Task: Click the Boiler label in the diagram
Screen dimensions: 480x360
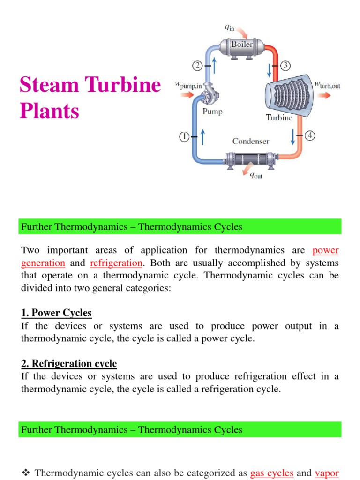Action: click(x=242, y=45)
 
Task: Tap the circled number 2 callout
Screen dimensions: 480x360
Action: click(x=197, y=66)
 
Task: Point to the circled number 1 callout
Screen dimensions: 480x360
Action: click(x=184, y=137)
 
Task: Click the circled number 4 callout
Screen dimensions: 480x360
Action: click(x=310, y=136)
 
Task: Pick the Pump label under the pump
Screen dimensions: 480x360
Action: click(x=212, y=112)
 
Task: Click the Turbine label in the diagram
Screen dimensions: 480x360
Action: click(x=279, y=118)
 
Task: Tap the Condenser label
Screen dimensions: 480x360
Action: click(x=251, y=141)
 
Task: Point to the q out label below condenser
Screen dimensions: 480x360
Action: click(x=256, y=176)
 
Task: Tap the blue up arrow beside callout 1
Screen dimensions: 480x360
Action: click(x=203, y=137)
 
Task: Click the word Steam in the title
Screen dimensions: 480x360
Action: click(x=48, y=86)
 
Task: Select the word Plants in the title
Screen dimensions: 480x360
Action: click(x=49, y=111)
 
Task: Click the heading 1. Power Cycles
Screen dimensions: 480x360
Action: click(x=56, y=313)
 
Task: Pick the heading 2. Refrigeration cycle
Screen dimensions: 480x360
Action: click(x=69, y=363)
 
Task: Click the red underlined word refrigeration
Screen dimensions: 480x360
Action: click(x=116, y=263)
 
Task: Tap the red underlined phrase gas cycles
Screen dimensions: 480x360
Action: click(x=272, y=473)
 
